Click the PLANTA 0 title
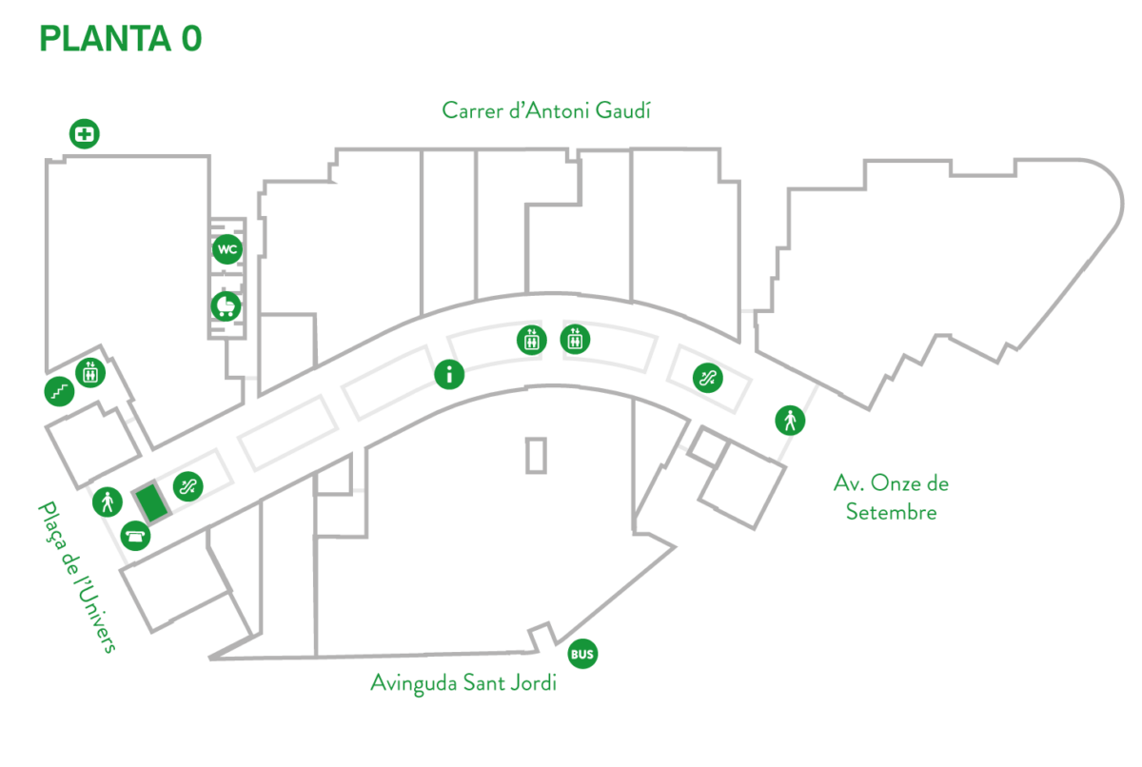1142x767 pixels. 120,39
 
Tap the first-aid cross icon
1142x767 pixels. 85,134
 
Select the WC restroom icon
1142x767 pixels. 226,249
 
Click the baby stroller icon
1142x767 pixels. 226,306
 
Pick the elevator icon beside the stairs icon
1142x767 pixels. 90,372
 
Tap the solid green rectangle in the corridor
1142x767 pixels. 150,501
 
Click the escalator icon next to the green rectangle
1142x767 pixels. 187,486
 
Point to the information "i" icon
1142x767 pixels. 449,375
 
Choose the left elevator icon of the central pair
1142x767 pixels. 531,339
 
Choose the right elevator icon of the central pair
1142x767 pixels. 574,338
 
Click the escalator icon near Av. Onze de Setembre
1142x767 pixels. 707,378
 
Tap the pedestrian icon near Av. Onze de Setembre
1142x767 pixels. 789,420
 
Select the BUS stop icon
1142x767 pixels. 582,654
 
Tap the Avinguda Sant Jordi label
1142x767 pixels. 463,683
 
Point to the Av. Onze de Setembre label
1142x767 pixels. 891,498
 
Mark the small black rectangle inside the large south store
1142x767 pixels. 537,455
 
